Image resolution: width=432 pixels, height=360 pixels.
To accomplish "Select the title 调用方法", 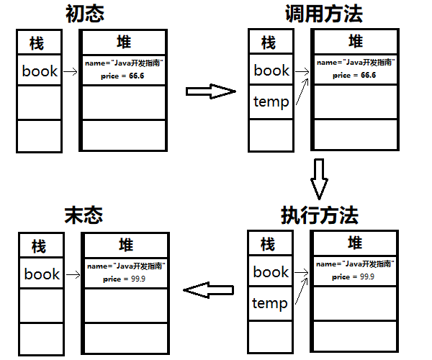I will pos(322,14).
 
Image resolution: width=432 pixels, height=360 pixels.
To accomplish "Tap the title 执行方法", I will pos(320,215).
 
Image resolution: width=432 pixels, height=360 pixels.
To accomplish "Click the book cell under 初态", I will pos(40,71).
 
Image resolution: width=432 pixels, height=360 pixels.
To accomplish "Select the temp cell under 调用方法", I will pos(271,102).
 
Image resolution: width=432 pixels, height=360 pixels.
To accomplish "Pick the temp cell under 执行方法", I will pos(270,303).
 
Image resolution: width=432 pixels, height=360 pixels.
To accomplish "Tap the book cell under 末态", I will pos(42,274).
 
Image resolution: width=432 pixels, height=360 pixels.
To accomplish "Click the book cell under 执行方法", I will pos(271,271).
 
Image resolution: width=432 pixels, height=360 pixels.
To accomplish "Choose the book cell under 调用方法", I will pos(271,70).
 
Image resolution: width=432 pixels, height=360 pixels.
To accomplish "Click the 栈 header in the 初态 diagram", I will pos(37,44).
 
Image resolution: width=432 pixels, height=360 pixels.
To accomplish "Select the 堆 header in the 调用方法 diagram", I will pos(355,41).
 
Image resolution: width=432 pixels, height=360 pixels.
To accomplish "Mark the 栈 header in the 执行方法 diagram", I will pos(268,244).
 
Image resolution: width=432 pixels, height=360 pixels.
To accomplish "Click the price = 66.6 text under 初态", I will pos(124,75).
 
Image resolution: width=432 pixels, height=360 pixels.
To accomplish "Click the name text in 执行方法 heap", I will pos(354,264).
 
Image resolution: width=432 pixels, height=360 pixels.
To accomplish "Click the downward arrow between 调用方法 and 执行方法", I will pos(320,177).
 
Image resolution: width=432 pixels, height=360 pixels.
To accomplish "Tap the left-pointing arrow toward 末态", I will pos(209,290).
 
